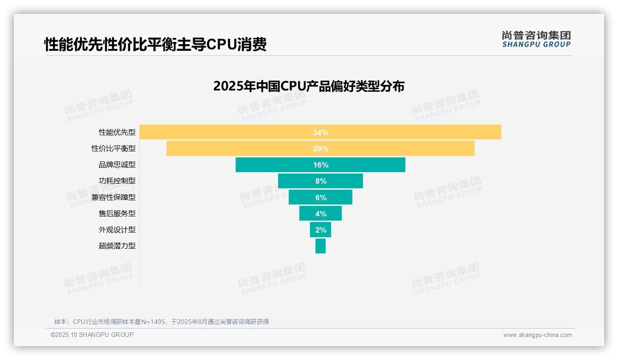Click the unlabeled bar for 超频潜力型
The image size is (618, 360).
(321, 246)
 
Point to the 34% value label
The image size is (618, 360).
(321, 132)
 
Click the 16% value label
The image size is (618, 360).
(321, 165)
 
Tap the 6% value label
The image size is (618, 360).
(321, 198)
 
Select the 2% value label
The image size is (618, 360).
(321, 230)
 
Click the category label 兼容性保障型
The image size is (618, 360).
(113, 197)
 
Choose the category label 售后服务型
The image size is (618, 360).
(117, 213)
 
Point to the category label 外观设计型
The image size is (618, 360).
(117, 229)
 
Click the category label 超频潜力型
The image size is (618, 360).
(117, 246)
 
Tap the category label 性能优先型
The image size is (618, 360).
(117, 132)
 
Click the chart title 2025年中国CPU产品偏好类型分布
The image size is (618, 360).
(309, 86)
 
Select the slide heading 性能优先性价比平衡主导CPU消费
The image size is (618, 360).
(155, 44)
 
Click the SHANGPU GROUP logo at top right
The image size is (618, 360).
(536, 39)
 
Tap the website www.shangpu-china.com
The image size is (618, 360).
(537, 335)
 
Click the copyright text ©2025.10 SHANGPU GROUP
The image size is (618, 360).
(92, 335)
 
